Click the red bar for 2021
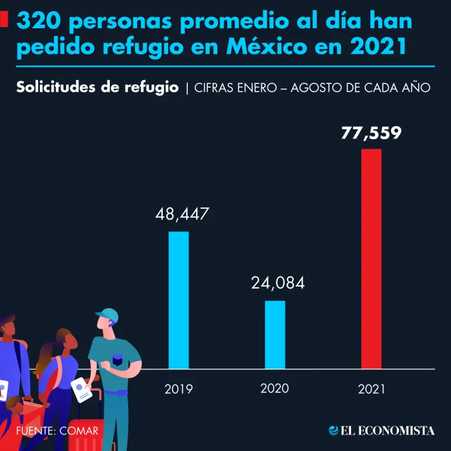371,258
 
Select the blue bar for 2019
179,299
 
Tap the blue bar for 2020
275,334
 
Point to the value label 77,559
371,133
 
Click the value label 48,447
182,214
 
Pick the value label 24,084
278,283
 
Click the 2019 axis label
179,389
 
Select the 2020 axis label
275,388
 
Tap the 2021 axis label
371,389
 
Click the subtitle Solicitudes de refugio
97,87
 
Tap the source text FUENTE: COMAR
58,430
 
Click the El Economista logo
382,430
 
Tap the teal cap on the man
108,315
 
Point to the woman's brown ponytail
48,355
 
